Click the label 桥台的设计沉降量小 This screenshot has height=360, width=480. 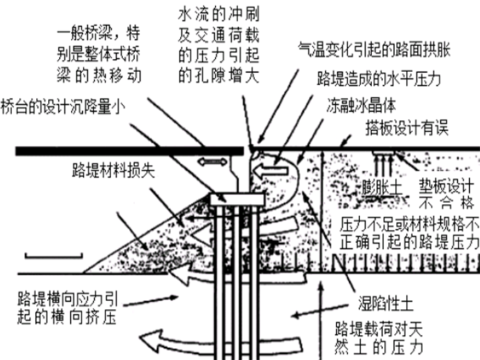(x=63, y=107)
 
